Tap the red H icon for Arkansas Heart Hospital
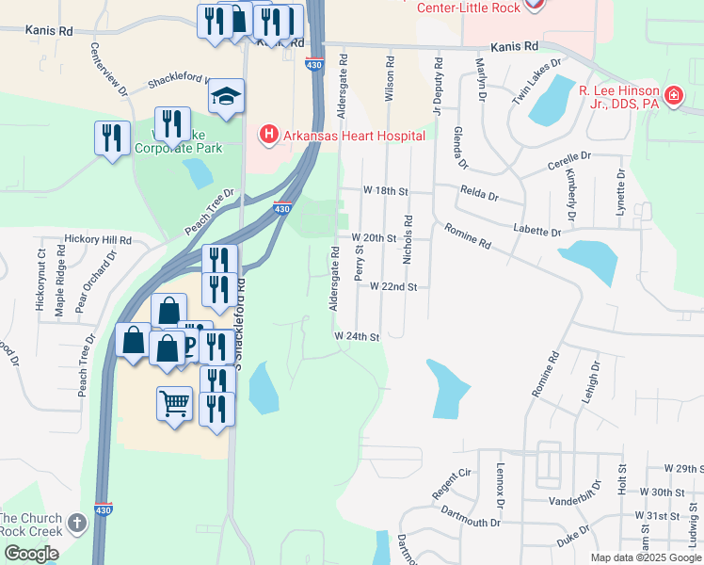click(x=269, y=136)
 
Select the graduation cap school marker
click(x=226, y=96)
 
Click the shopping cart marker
click(x=175, y=405)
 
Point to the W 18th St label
click(x=387, y=190)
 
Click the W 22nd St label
click(x=392, y=286)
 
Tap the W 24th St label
click(x=357, y=336)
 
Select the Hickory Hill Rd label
click(x=98, y=241)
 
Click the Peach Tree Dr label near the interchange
click(x=209, y=215)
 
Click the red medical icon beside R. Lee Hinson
click(x=673, y=96)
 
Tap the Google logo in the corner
click(x=31, y=554)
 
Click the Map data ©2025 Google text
click(x=647, y=557)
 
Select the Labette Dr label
click(x=537, y=229)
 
